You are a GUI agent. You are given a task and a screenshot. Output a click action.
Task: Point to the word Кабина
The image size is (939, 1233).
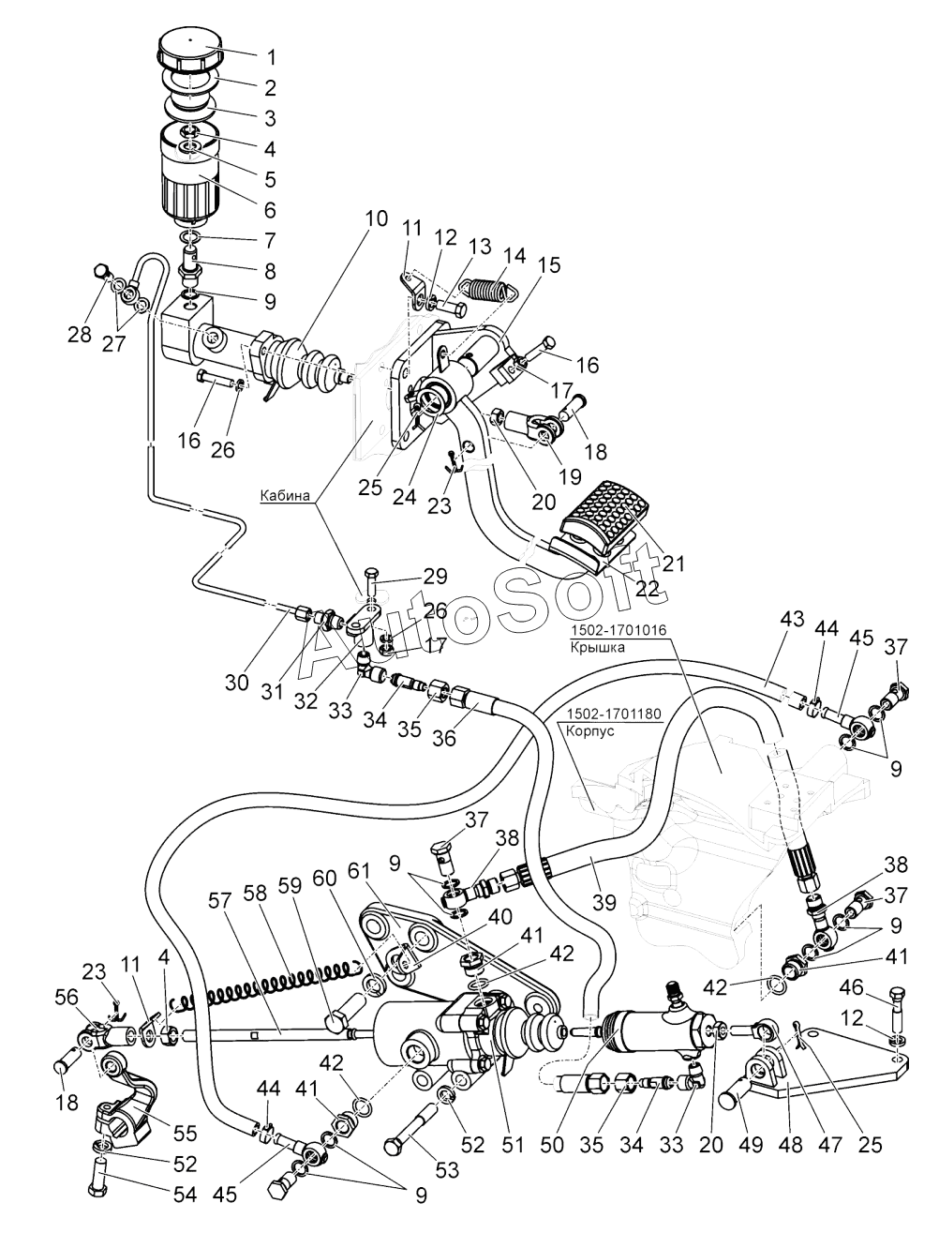pyautogui.click(x=287, y=498)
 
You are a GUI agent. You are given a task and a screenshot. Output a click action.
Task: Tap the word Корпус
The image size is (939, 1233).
pyautogui.click(x=591, y=730)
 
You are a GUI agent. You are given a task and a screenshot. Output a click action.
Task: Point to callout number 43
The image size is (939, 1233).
pyautogui.click(x=793, y=621)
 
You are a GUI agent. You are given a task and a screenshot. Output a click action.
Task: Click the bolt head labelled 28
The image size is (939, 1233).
pyautogui.click(x=102, y=273)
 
